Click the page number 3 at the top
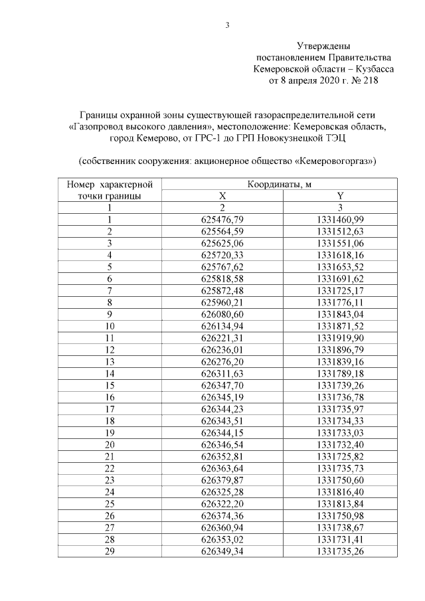(227, 26)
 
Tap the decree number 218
(368, 80)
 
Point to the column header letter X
(222, 196)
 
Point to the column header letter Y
(340, 196)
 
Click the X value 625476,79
(222, 219)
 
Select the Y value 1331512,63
(341, 231)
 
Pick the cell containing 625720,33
(222, 254)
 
